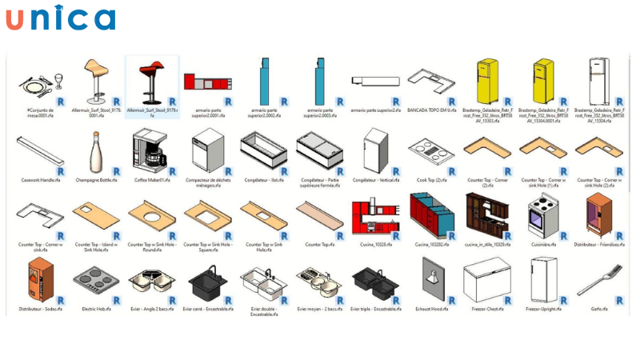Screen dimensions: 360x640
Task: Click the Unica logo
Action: tap(60, 19)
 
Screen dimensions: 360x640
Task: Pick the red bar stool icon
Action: tap(150, 80)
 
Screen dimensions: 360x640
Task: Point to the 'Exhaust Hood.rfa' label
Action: tap(433, 309)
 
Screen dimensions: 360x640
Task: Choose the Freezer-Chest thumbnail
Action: tap(486, 278)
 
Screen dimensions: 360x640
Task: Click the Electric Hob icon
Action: tap(96, 280)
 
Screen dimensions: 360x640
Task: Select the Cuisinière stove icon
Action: tap(542, 214)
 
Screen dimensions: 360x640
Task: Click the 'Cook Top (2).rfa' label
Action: tap(432, 180)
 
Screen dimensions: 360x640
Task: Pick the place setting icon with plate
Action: tap(39, 82)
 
